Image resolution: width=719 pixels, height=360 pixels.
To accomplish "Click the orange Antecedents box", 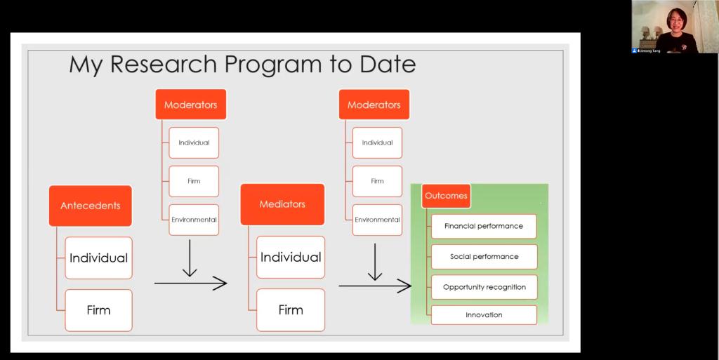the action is pos(91,206).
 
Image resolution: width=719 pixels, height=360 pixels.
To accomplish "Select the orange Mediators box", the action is pos(282,204).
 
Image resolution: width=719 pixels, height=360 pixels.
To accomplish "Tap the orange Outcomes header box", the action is pos(446,196).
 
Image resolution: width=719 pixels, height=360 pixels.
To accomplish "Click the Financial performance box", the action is pos(484,226).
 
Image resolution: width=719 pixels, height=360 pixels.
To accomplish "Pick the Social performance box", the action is pos(484,256).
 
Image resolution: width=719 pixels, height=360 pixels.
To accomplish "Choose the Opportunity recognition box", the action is pos(484,287).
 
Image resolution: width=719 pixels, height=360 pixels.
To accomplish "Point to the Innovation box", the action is pos(484,314).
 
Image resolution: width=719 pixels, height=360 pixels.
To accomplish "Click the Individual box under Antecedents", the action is pos(98,258).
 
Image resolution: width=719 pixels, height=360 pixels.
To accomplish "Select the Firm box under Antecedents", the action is pos(98,310).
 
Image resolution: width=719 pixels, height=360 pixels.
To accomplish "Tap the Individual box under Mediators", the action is pos(291,257).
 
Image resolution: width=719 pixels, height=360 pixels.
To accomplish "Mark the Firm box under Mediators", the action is pos(291,310).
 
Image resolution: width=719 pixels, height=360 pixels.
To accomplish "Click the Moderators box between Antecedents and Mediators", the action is pos(191,105).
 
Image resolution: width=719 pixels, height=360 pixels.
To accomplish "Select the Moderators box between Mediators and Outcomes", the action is pos(374,105).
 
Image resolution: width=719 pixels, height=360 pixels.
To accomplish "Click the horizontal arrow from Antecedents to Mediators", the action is pos(191,284).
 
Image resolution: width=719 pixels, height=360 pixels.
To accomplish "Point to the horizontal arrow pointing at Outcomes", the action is pos(375,286).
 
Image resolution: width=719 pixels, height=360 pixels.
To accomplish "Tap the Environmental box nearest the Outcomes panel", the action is pos(377,220).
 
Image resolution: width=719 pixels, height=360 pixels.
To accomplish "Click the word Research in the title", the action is pos(164,64).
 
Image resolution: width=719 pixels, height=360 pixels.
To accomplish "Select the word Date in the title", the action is pos(388,64).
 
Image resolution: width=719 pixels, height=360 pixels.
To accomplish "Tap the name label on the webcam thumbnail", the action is pos(647,51).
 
